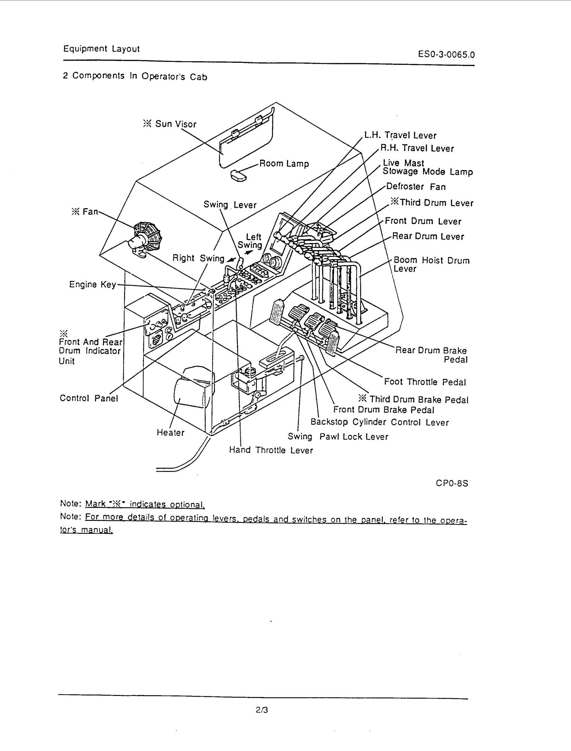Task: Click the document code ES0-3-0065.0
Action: point(446,54)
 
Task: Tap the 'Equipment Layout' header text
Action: point(101,49)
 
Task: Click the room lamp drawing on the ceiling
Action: point(239,175)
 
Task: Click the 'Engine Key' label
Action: point(93,284)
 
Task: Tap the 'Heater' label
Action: point(171,433)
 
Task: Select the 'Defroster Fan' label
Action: point(416,187)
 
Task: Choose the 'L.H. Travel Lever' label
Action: point(400,136)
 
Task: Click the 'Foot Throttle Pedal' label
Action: point(425,382)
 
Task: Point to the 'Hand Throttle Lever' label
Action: point(271,450)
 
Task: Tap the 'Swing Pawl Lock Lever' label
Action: point(338,437)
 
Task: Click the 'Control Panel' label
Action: point(89,398)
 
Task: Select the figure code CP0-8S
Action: point(452,483)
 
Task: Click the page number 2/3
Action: point(262,710)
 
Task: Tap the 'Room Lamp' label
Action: point(284,164)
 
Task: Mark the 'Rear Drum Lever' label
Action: point(428,237)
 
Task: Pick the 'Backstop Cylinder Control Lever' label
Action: point(379,422)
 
